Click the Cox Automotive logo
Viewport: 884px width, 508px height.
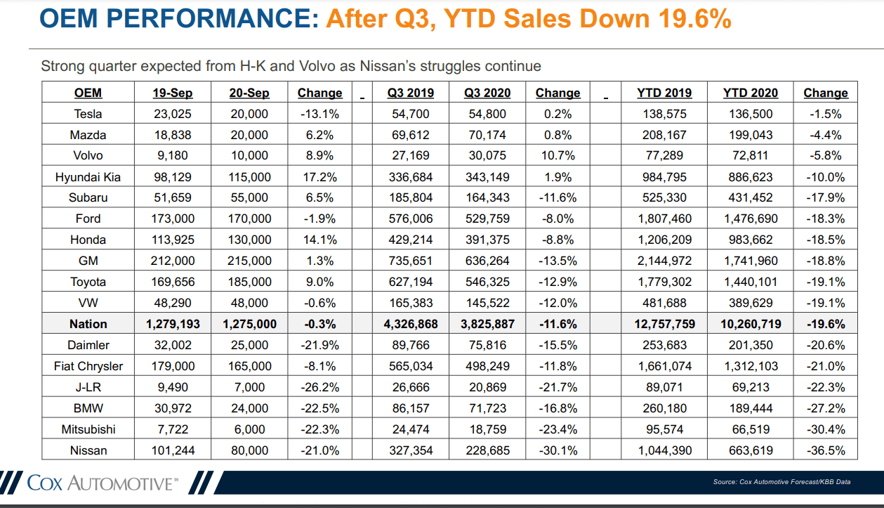(102, 483)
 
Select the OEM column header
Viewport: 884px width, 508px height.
(88, 93)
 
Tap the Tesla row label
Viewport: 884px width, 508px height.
(88, 114)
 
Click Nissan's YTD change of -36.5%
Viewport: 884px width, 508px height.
(825, 450)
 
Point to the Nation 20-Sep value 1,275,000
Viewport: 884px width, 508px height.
(249, 324)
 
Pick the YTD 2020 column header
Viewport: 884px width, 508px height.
(751, 93)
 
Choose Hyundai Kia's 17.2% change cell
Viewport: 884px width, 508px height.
(319, 177)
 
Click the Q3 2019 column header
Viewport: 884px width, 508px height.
(410, 93)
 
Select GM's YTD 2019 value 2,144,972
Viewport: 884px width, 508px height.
(664, 261)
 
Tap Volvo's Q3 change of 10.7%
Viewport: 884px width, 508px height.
(558, 156)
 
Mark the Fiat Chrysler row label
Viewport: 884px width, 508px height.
(88, 366)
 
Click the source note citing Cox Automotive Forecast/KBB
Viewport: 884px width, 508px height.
(781, 481)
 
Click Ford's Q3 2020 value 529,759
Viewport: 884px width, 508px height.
(487, 219)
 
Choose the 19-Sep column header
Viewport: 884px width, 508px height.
(172, 93)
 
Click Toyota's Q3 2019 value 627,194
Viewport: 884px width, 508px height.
(410, 282)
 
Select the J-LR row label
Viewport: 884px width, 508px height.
(88, 387)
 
